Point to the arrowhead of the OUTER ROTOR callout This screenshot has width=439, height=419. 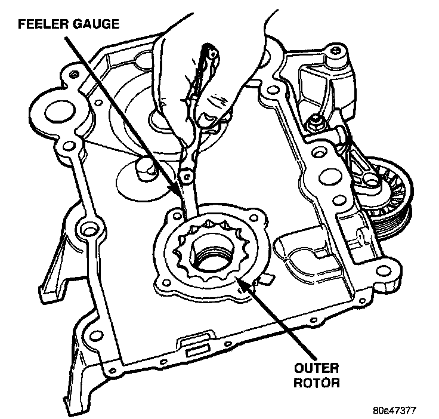(237, 278)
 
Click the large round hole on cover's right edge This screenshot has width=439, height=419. (327, 177)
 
